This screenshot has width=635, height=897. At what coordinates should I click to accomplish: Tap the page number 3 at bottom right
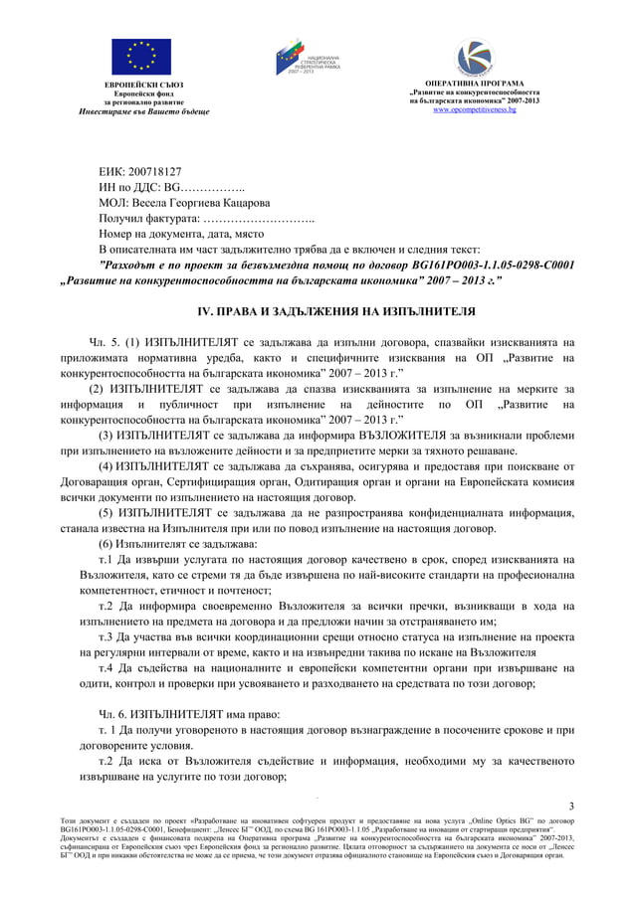[570, 805]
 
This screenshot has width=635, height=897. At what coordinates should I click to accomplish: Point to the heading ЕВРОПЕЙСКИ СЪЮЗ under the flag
[144, 87]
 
